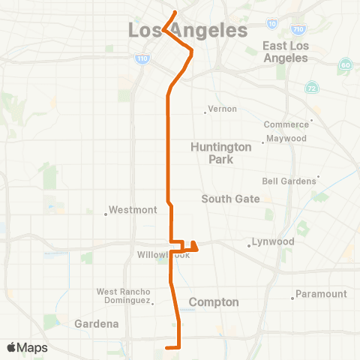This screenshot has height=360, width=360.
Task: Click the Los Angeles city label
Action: [x=187, y=31]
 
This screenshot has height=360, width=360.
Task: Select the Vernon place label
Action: [x=222, y=109]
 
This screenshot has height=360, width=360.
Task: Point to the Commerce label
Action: [x=286, y=124]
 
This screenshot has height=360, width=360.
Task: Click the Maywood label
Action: [x=287, y=139]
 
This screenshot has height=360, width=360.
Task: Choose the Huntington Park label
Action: [x=212, y=153]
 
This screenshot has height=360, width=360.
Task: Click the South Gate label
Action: [x=231, y=199]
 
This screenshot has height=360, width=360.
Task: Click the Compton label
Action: [x=214, y=302]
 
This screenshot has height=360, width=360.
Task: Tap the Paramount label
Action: [x=321, y=294]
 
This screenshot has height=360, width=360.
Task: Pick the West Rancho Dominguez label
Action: [x=124, y=295]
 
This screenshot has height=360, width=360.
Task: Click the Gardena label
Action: [x=97, y=324]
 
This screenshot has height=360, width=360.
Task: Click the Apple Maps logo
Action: [x=27, y=348]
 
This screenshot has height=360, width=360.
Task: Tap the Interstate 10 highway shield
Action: [x=271, y=24]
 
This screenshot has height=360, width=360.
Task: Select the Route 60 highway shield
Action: [x=344, y=64]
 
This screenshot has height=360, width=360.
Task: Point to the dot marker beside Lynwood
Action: [x=250, y=245]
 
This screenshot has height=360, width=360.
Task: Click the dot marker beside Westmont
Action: [x=106, y=214]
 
